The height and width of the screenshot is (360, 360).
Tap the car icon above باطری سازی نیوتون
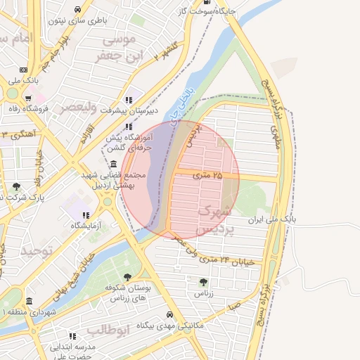77,9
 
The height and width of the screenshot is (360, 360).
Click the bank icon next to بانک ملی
25,70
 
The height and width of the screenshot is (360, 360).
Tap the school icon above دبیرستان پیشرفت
128,100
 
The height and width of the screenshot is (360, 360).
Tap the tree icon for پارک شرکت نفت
16,186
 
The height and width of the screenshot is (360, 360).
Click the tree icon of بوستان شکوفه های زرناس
127,278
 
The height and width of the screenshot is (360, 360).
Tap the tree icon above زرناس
204,281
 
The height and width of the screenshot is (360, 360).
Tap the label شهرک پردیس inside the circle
213,219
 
